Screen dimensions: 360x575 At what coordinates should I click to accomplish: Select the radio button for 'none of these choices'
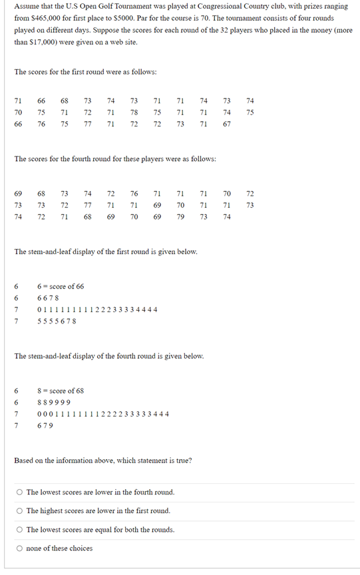[x=20, y=548]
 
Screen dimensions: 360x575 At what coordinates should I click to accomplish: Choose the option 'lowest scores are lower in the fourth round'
[x=20, y=492]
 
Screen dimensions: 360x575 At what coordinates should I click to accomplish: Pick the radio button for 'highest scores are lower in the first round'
[x=20, y=511]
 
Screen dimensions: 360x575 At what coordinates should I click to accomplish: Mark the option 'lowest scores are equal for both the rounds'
[x=20, y=530]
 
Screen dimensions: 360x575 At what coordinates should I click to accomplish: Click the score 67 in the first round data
[x=226, y=124]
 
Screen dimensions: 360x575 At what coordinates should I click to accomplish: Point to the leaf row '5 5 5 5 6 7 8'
[x=57, y=321]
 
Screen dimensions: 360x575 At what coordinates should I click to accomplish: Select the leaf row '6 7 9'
[x=45, y=425]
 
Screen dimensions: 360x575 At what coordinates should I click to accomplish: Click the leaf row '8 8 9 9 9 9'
[x=54, y=403]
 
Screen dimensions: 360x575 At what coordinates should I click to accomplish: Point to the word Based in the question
[x=25, y=461]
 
